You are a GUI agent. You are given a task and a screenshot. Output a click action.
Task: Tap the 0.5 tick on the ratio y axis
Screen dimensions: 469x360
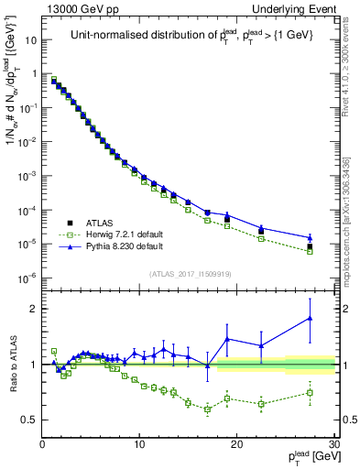30,420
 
